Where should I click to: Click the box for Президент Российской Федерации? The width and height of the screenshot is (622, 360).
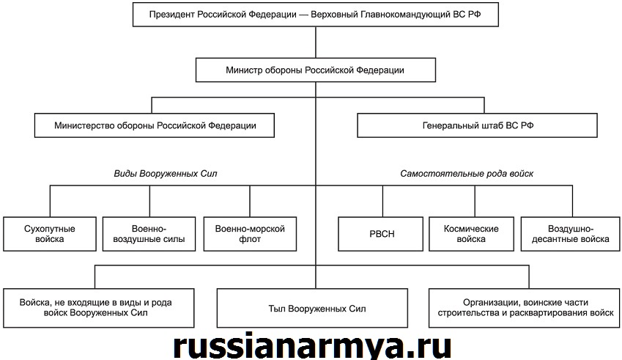(315, 15)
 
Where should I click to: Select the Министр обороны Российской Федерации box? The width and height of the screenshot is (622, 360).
(315, 70)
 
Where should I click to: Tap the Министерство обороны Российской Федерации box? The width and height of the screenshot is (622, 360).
(155, 125)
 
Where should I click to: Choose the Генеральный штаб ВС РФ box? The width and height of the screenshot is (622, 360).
(477, 125)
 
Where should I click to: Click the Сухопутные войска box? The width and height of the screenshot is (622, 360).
(50, 234)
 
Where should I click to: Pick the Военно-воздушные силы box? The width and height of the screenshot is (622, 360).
(149, 234)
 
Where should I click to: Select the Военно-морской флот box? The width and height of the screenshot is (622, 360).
(250, 234)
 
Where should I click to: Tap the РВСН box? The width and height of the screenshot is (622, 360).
(380, 234)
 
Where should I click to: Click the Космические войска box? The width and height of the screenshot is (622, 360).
(471, 234)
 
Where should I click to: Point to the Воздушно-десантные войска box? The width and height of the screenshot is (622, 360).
(571, 234)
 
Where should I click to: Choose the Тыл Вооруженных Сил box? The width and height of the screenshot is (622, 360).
(312, 308)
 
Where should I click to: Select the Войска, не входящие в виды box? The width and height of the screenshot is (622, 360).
(99, 308)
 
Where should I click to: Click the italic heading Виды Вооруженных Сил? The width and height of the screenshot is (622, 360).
(166, 174)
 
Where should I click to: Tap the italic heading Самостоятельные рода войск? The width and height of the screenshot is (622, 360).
(467, 174)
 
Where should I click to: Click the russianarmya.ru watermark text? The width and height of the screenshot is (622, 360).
(313, 346)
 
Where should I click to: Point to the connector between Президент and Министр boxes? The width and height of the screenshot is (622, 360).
(316, 43)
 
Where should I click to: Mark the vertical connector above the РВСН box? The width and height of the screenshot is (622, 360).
(383, 201)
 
